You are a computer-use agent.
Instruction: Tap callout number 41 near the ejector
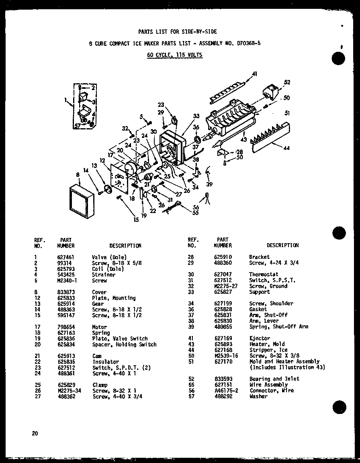(x=254, y=73)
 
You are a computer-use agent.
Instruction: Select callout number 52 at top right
(x=286, y=82)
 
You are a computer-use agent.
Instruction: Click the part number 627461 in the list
(x=65, y=257)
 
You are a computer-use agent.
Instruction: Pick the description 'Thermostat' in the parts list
(x=264, y=275)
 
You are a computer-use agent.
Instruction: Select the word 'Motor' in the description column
(x=99, y=327)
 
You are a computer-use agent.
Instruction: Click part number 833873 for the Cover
(x=65, y=292)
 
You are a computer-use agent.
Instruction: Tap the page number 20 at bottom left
(x=36, y=433)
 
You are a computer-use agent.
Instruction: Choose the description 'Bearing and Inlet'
(x=274, y=379)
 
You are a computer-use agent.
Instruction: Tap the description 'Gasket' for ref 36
(x=258, y=309)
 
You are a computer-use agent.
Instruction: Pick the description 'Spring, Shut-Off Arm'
(x=278, y=327)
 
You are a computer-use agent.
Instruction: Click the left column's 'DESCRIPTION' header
(x=125, y=246)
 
